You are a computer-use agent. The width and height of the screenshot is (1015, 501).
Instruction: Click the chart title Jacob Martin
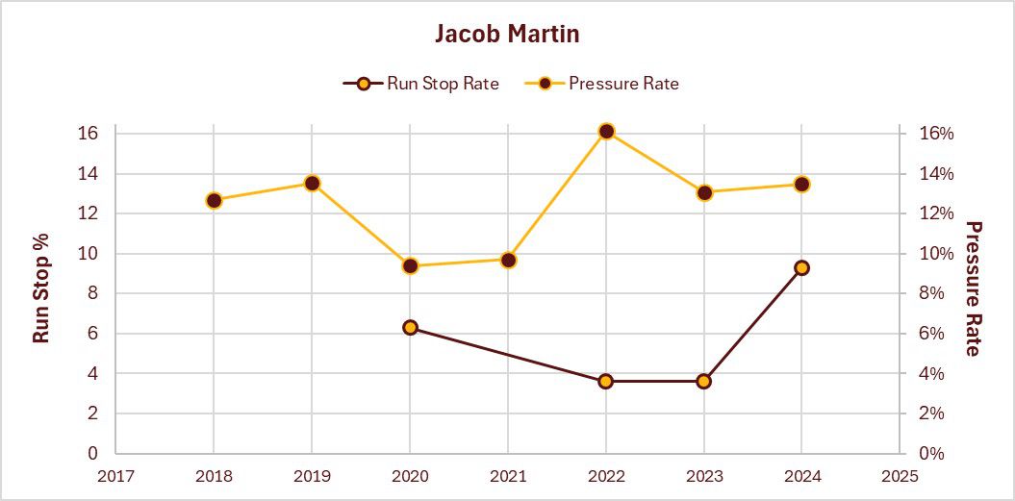pos(507,35)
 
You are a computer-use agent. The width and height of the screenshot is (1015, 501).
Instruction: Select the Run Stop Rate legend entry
pos(420,84)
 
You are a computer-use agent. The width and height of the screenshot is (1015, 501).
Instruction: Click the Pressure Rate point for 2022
pos(606,132)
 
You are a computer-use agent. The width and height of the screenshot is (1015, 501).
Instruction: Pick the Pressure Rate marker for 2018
pos(214,201)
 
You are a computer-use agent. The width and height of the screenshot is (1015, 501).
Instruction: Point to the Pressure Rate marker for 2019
pos(312,183)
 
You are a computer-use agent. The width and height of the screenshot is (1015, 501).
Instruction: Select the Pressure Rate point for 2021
pos(508,260)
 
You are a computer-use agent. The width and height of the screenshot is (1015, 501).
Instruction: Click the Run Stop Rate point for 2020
pos(410,328)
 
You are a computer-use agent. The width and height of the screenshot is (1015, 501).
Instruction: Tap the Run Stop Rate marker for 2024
pos(801,268)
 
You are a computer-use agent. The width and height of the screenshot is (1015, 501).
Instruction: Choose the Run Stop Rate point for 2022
pos(606,381)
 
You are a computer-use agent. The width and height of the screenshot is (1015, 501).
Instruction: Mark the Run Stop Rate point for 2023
pos(703,381)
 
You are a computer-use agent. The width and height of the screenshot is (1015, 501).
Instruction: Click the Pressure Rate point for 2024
pos(801,184)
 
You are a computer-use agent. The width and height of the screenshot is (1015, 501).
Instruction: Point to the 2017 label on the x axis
pos(115,475)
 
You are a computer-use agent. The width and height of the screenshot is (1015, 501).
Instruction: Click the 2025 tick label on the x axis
pos(900,475)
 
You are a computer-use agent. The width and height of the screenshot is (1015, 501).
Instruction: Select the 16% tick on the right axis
pos(935,134)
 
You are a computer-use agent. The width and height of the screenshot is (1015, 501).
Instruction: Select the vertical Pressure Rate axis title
pos(974,288)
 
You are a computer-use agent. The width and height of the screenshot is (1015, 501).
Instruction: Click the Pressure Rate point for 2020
pos(410,266)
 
